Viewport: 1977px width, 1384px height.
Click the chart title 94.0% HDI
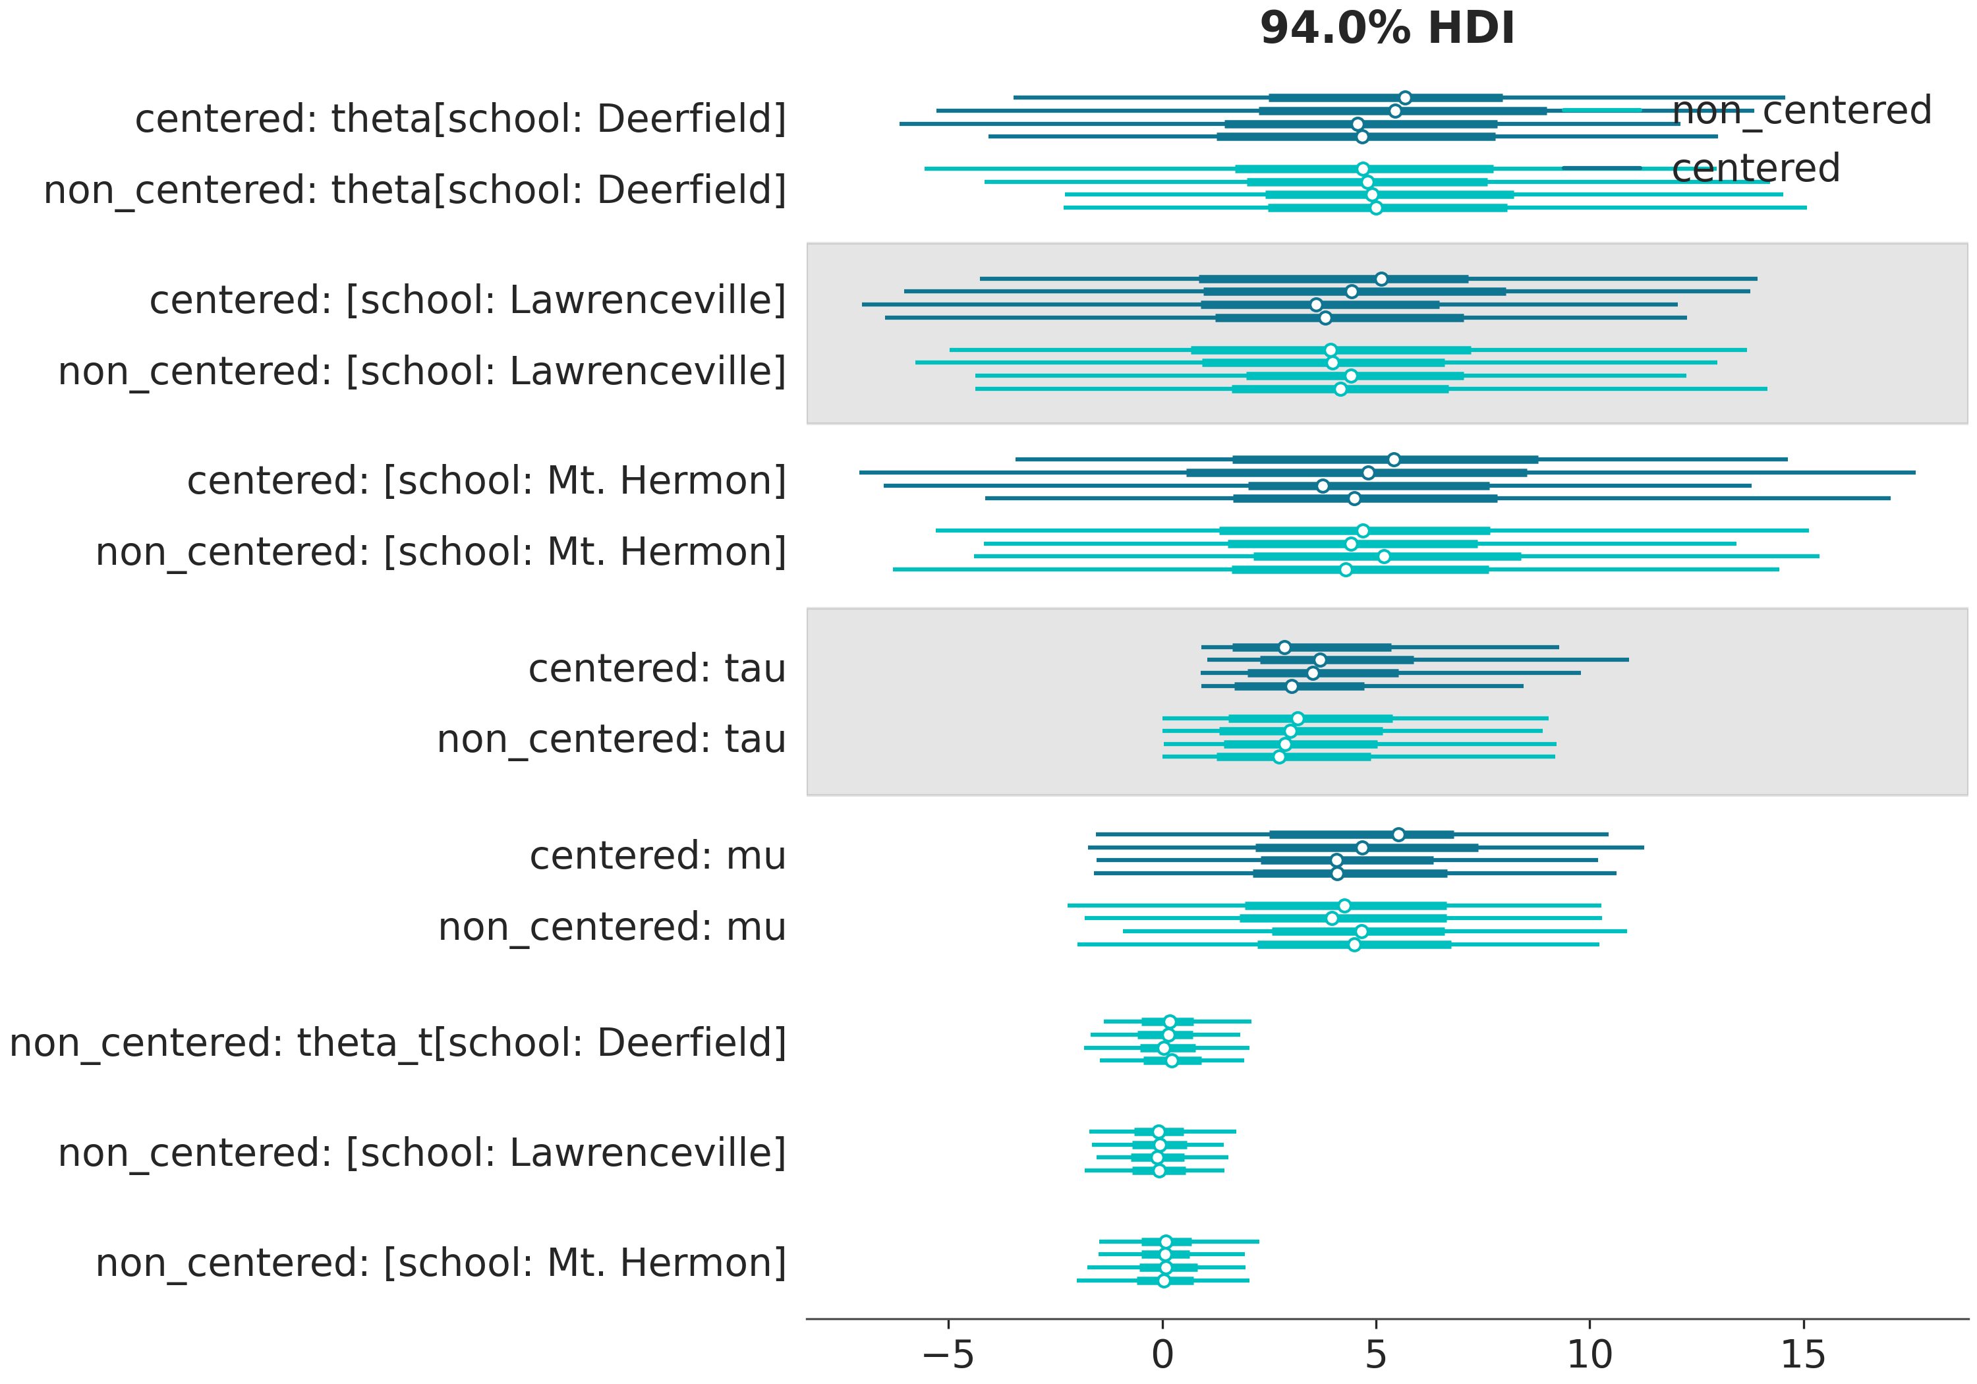pos(1387,28)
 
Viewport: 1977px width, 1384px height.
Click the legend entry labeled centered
pos(1755,168)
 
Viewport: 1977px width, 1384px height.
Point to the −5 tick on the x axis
pos(948,1356)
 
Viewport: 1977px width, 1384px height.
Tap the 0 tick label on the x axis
pos(1162,1356)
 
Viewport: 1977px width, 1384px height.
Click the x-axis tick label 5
pos(1376,1356)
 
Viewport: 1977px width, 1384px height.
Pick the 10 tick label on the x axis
pos(1590,1356)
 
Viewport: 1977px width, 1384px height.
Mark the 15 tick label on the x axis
pos(1803,1356)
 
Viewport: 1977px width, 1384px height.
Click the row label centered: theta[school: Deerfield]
pos(461,119)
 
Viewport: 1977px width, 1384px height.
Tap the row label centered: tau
pos(657,668)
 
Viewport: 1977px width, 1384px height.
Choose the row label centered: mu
pos(658,856)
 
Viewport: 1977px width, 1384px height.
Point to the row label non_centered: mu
pos(612,927)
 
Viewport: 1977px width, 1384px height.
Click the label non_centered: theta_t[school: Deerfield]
pos(398,1043)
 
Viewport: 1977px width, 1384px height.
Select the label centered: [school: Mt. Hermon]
pos(486,480)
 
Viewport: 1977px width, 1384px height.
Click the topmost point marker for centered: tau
pos(1284,647)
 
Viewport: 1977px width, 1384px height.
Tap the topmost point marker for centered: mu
pos(1398,834)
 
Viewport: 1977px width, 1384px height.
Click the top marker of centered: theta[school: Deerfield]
pos(1405,98)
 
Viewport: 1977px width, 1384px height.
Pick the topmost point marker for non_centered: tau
pos(1298,718)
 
